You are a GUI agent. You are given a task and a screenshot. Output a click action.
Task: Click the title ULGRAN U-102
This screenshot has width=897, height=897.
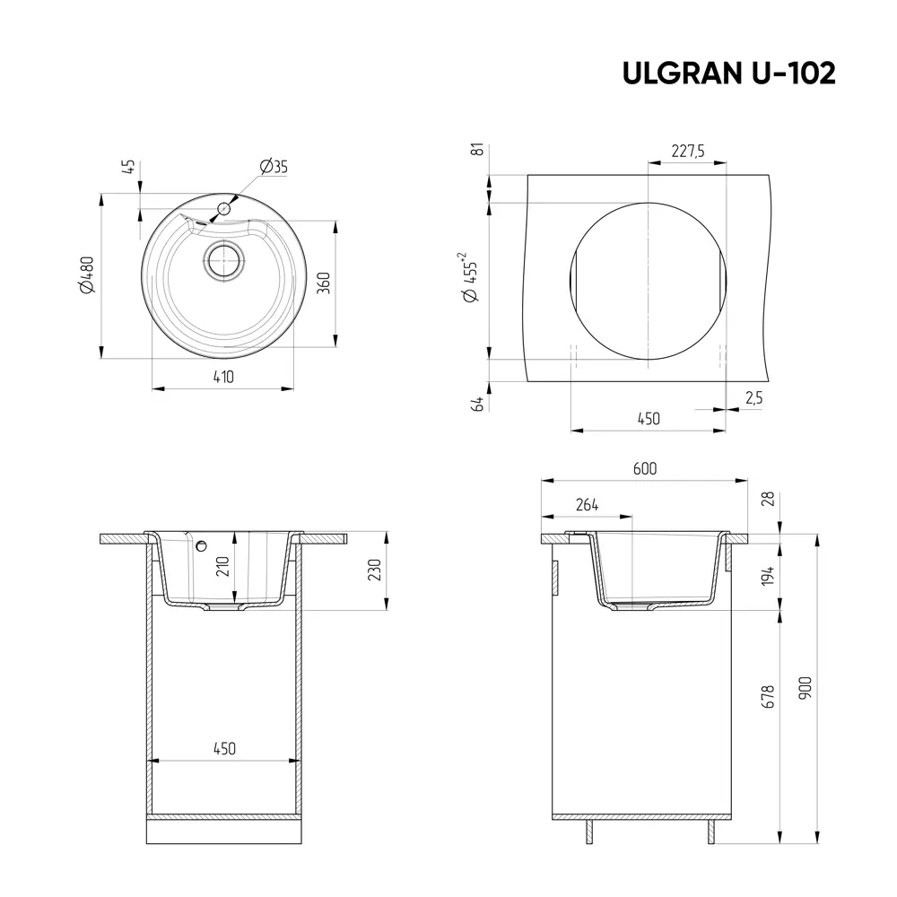coord(728,74)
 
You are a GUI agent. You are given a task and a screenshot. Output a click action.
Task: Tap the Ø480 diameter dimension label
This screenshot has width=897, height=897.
coord(86,275)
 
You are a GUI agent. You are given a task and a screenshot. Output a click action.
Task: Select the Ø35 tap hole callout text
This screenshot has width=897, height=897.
coord(273,167)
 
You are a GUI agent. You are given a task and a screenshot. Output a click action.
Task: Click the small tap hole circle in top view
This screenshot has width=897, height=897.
coord(223,209)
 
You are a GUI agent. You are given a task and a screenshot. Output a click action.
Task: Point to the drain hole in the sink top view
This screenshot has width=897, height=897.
coord(223,261)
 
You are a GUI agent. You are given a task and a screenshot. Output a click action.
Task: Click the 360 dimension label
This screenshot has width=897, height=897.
coord(326,282)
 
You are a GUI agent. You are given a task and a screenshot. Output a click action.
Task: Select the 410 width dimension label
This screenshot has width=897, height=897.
coord(223,378)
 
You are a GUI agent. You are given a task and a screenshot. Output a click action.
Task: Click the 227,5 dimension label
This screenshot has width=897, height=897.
coord(687,152)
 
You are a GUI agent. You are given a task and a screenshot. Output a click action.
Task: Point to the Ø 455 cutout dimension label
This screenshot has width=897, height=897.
coord(470,280)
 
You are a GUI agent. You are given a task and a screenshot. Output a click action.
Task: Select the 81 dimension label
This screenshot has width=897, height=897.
coord(478,150)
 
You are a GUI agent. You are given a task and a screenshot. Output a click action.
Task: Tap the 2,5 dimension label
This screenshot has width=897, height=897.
coord(753,399)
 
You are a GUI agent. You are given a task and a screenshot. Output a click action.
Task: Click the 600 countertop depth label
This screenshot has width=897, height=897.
coord(644,469)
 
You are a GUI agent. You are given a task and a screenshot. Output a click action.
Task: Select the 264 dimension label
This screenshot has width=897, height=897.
coord(586,505)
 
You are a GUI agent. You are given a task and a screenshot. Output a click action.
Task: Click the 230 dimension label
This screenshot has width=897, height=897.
coord(374,570)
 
